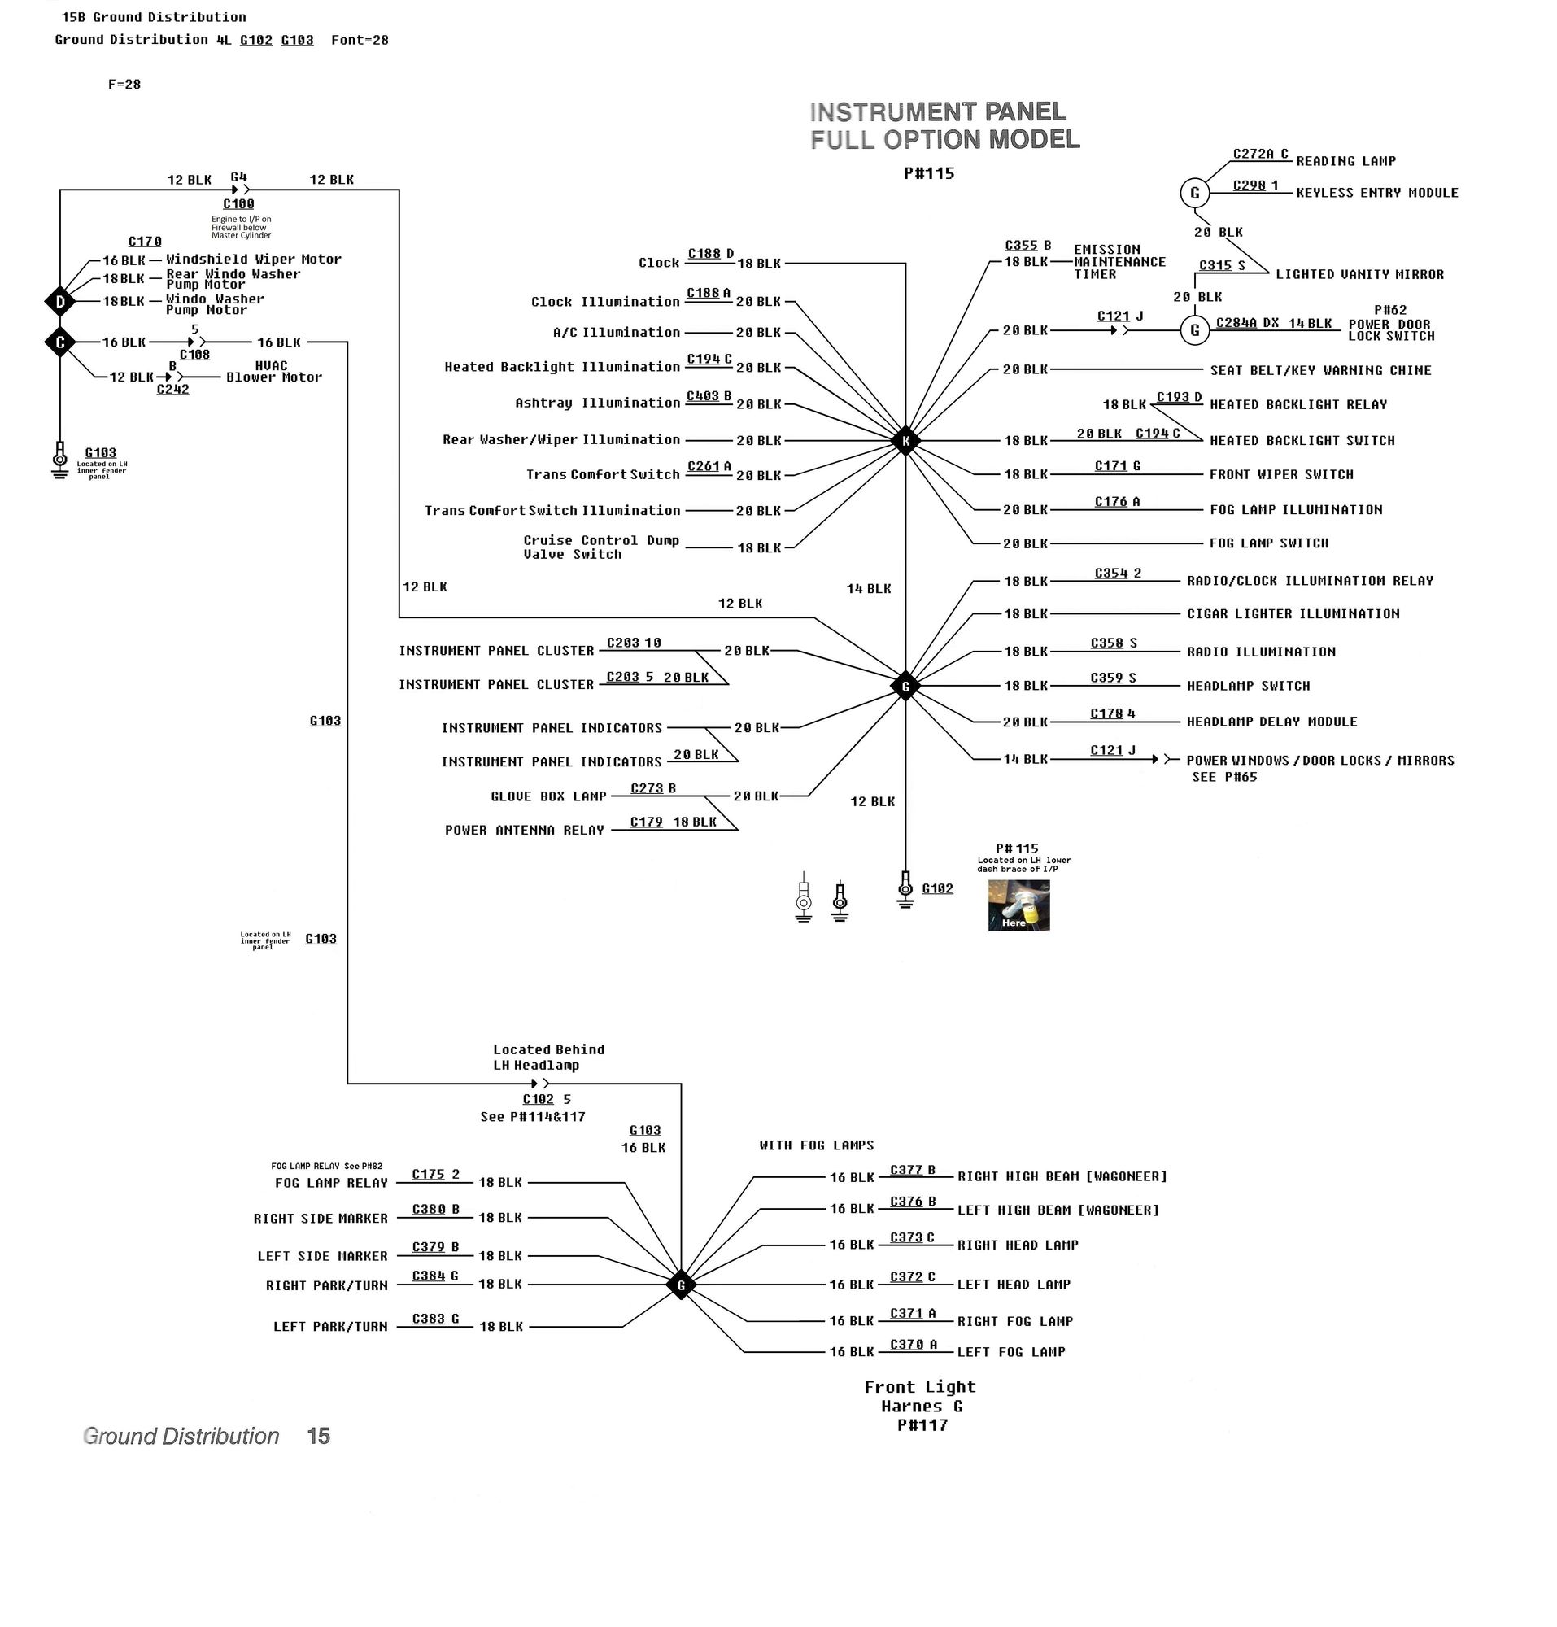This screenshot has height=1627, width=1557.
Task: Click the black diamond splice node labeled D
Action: [59, 302]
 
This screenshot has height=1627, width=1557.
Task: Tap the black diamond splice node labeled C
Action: [59, 342]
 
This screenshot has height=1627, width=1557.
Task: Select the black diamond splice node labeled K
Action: [905, 441]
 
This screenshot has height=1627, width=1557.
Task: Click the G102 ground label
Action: [937, 889]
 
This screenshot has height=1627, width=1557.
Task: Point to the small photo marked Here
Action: [1018, 905]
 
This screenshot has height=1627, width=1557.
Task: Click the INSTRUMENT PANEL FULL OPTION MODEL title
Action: [944, 126]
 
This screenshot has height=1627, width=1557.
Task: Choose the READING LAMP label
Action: [1345, 161]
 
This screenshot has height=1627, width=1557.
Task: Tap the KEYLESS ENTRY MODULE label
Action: [1377, 193]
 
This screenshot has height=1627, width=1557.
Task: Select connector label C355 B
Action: [1027, 246]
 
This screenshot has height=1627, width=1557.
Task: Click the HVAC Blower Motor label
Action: [274, 372]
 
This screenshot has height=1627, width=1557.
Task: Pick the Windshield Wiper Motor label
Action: [253, 260]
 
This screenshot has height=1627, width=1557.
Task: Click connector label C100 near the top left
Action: [238, 204]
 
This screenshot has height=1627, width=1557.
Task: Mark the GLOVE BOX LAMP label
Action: [547, 797]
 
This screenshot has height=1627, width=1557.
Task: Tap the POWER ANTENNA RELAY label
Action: [524, 831]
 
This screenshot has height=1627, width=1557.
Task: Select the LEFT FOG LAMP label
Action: [1011, 1352]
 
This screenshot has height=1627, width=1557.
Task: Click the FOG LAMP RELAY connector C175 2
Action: [436, 1175]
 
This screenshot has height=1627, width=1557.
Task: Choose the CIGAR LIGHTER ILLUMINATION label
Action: [1293, 614]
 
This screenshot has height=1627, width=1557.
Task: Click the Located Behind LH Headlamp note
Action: [548, 1058]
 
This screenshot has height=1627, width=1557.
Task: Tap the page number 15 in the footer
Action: [319, 1437]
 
